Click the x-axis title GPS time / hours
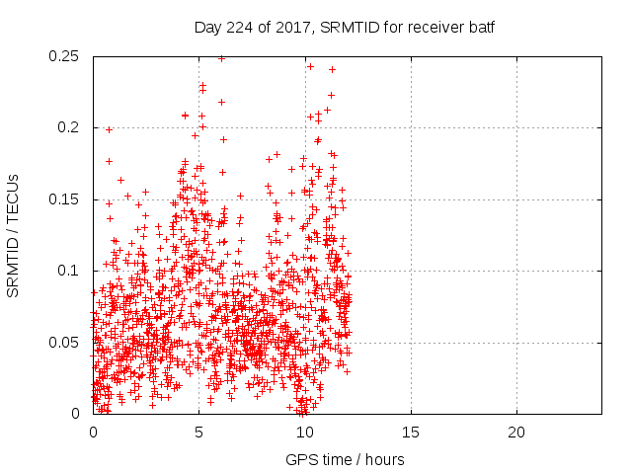(x=345, y=459)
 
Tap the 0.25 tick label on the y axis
(x=66, y=56)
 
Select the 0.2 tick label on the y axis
(x=71, y=127)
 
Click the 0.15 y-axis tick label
(x=66, y=199)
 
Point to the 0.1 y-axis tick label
(x=71, y=271)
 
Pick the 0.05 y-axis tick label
(x=66, y=343)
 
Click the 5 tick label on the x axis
(x=198, y=433)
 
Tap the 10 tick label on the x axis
(x=304, y=433)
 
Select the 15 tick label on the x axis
(x=410, y=433)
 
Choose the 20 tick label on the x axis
(x=515, y=433)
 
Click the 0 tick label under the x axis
(x=93, y=433)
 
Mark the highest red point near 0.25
(x=221, y=58)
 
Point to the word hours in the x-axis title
(x=385, y=459)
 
